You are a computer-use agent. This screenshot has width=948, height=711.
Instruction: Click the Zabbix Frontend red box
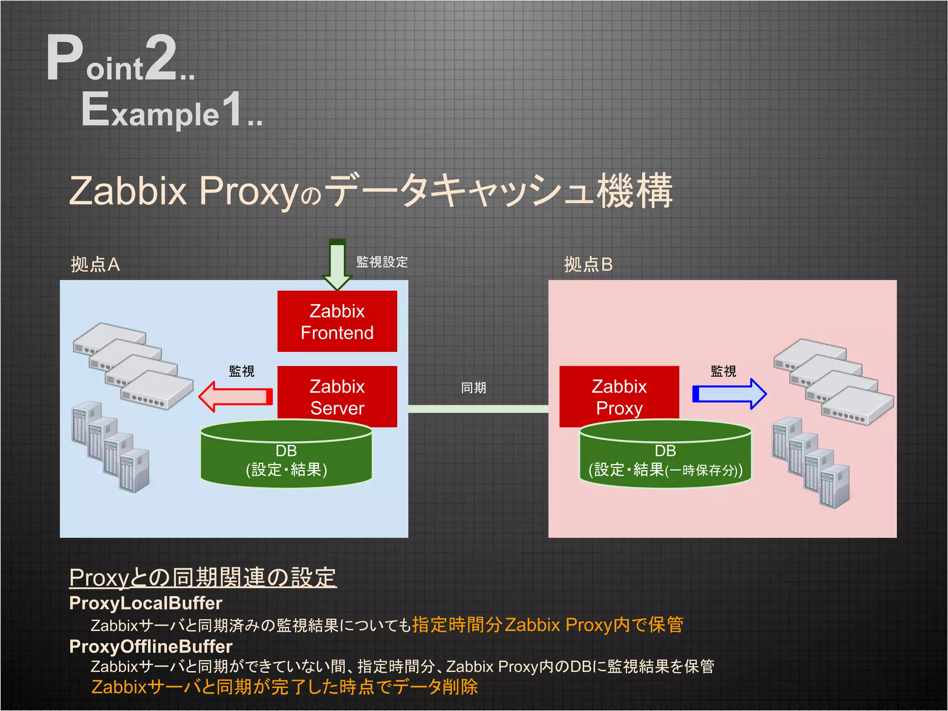pyautogui.click(x=337, y=321)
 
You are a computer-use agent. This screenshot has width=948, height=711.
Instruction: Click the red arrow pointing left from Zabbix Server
pyautogui.click(x=235, y=397)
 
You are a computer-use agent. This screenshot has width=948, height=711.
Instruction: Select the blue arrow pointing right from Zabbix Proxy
pyautogui.click(x=729, y=394)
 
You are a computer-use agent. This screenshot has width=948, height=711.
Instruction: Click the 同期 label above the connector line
pyautogui.click(x=473, y=388)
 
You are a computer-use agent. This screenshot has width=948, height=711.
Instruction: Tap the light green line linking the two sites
pyautogui.click(x=478, y=409)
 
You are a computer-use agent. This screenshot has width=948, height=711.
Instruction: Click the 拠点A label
pyautogui.click(x=95, y=264)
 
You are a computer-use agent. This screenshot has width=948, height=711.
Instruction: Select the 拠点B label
pyautogui.click(x=588, y=264)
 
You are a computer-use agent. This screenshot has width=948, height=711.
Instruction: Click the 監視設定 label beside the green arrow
pyautogui.click(x=382, y=262)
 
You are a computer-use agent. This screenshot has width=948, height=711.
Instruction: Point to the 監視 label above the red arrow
pyautogui.click(x=242, y=371)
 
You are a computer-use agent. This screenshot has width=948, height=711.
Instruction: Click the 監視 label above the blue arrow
pyautogui.click(x=723, y=371)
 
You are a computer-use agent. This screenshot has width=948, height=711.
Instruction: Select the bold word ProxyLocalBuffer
pyautogui.click(x=145, y=603)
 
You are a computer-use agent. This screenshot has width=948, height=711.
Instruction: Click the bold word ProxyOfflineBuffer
pyautogui.click(x=150, y=647)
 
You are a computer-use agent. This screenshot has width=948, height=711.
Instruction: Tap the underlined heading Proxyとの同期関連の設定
pyautogui.click(x=203, y=578)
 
